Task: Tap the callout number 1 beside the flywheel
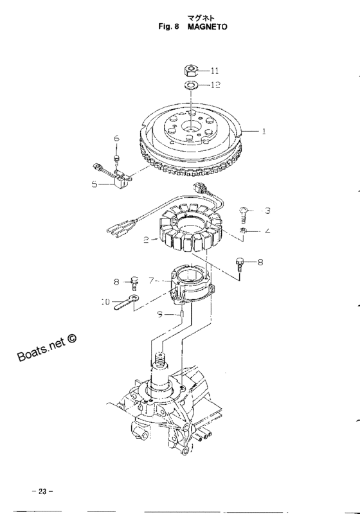[x=264, y=131]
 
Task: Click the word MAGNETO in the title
[x=207, y=26]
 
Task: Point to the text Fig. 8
[x=168, y=26]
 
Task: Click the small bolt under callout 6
[x=116, y=159]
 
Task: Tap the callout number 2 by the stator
[x=146, y=240]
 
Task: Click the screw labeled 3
[x=243, y=215]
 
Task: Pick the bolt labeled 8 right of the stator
[x=240, y=264]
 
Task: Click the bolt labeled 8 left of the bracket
[x=134, y=283]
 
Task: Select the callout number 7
[x=151, y=281]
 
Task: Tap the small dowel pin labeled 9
[x=182, y=315]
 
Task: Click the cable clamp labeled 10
[x=127, y=302]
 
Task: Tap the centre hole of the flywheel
[x=191, y=125]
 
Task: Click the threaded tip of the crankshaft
[x=159, y=359]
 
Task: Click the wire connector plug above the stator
[x=200, y=189]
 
